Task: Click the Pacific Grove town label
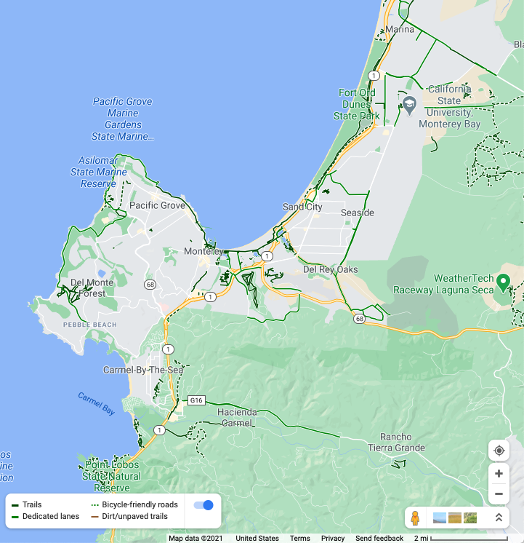click(x=157, y=205)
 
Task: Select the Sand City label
click(x=302, y=207)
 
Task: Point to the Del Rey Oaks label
click(x=331, y=269)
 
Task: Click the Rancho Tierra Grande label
click(x=396, y=443)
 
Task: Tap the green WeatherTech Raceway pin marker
click(x=503, y=281)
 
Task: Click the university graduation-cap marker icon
click(x=409, y=104)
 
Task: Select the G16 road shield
click(x=196, y=400)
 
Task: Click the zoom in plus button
click(x=499, y=473)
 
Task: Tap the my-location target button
click(x=499, y=451)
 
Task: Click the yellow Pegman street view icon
click(x=415, y=518)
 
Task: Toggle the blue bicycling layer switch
click(x=203, y=504)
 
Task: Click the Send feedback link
click(x=379, y=539)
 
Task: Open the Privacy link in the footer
click(x=333, y=539)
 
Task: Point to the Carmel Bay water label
click(x=96, y=404)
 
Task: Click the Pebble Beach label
click(x=89, y=324)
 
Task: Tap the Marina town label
click(x=400, y=30)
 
